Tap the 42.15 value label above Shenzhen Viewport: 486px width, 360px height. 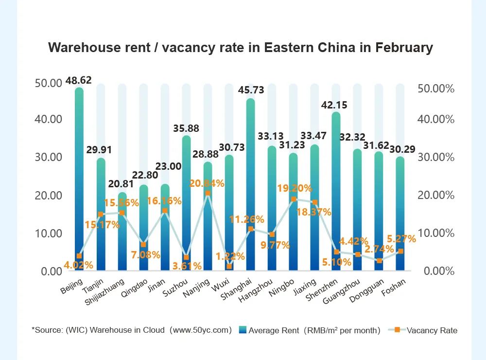pyautogui.click(x=336, y=105)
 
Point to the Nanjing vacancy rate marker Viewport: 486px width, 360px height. pyautogui.click(x=208, y=193)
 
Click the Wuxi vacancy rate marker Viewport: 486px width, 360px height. pyautogui.click(x=229, y=266)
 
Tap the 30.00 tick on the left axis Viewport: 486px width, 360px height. pyautogui.click(x=49, y=157)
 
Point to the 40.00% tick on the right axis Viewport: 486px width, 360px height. pyautogui.click(x=436, y=119)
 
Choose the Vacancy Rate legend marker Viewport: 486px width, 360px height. pyautogui.click(x=397, y=330)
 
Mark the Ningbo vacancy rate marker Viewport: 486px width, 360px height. pyautogui.click(x=294, y=199)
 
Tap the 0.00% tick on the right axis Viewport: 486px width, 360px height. pyautogui.click(x=439, y=271)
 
